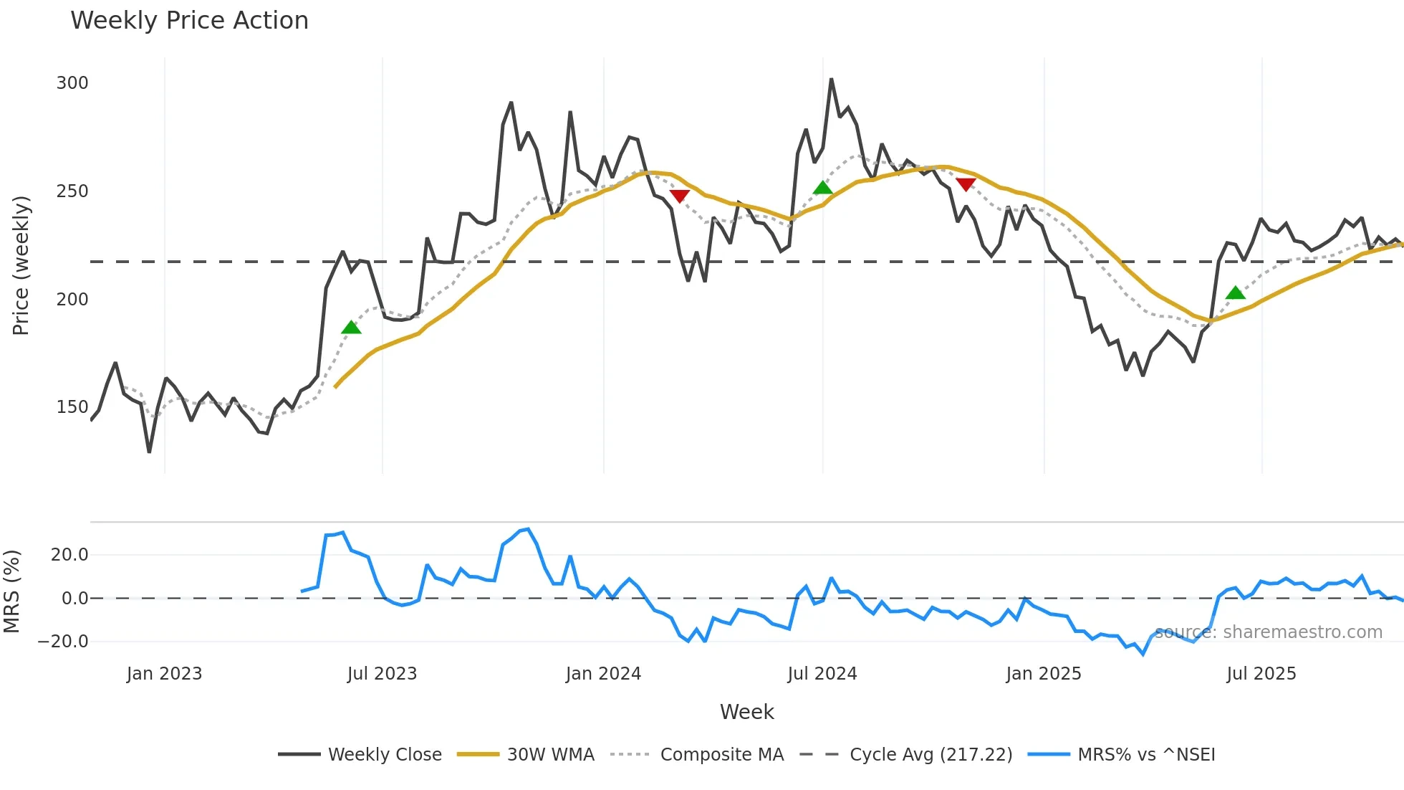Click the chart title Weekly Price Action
coord(189,21)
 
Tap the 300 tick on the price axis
coord(72,83)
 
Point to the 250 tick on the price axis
coord(72,191)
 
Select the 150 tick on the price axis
coord(72,407)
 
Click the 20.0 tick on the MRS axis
coord(69,555)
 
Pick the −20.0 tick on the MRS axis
coord(64,642)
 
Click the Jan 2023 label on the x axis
coord(164,674)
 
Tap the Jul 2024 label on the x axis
coord(822,674)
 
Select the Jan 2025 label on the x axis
coord(1043,674)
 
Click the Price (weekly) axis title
coord(21,265)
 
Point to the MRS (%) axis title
coord(12,591)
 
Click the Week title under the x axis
coord(746,712)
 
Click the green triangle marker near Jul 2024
coord(823,189)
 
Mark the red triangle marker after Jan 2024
coord(679,196)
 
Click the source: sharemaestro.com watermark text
coord(1268,632)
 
